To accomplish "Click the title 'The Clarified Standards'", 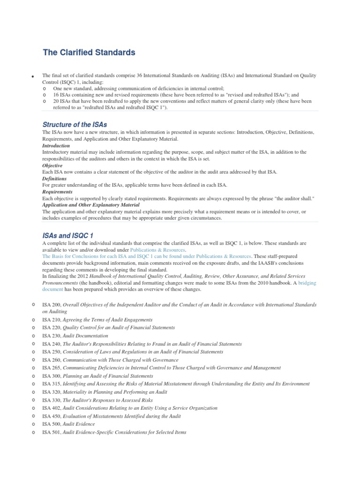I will pyautogui.click(x=89, y=52).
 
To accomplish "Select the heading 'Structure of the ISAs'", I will pyautogui.click(x=75, y=125).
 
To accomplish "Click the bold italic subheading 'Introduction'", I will pyautogui.click(x=56, y=146).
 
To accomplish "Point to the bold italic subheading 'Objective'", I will pyautogui.click(x=52, y=165).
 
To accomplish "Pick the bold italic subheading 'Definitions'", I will pyautogui.click(x=54, y=179).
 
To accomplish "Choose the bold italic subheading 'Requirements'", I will pyautogui.click(x=57, y=192).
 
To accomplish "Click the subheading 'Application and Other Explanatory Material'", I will pyautogui.click(x=90, y=205).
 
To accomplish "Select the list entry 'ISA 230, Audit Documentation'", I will pyautogui.click(x=75, y=336).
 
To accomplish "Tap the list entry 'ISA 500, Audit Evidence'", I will pyautogui.click(x=68, y=424).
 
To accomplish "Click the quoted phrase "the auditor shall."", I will pyautogui.click(x=293, y=199).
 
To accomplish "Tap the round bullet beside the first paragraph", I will pyautogui.click(x=33, y=77).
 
